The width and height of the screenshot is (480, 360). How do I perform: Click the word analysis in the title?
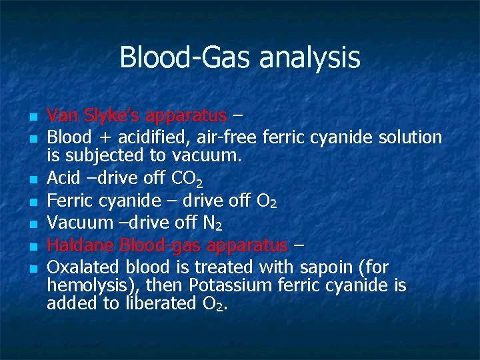click(x=310, y=59)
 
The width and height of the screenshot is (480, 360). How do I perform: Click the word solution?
click(x=410, y=137)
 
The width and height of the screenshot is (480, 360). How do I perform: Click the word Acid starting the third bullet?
click(x=63, y=179)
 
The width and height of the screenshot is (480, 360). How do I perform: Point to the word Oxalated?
click(x=79, y=267)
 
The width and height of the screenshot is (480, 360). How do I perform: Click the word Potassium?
click(x=230, y=285)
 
